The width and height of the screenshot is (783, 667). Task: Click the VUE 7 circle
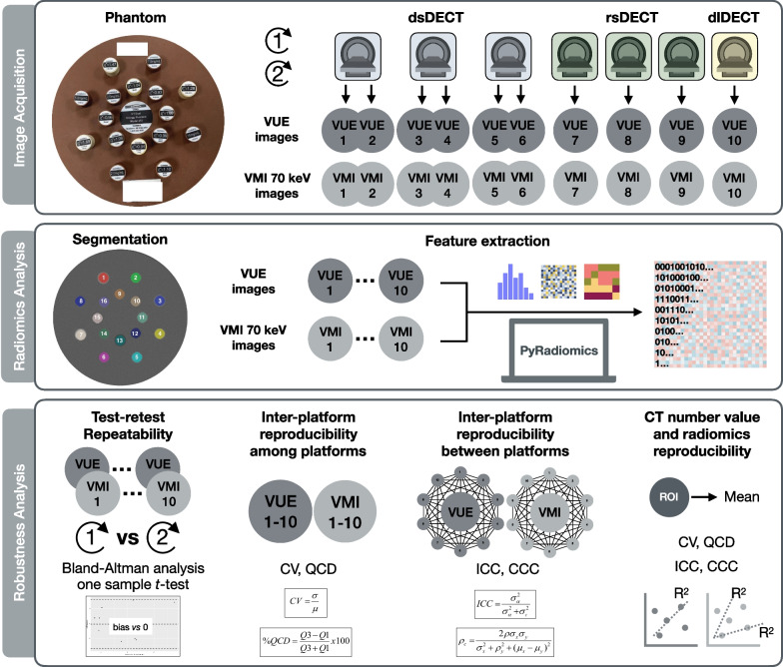click(x=573, y=131)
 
